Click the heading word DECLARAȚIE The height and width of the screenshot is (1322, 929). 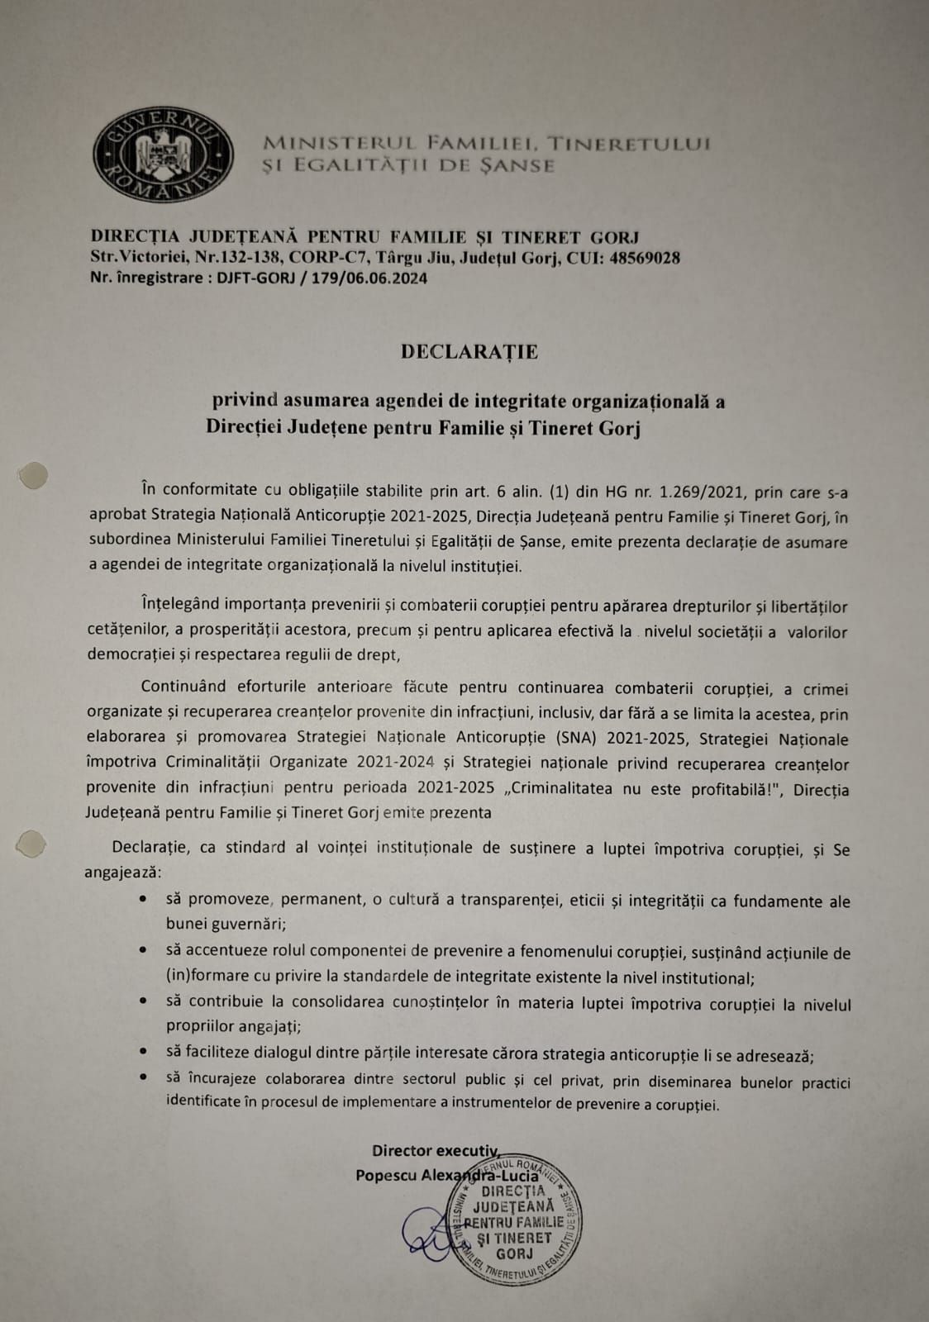click(469, 352)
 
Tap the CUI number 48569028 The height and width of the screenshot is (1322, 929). click(645, 258)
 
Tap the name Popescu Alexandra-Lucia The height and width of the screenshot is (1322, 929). click(446, 1175)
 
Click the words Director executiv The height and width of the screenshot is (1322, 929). click(435, 1150)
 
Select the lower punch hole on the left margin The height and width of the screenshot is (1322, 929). click(31, 844)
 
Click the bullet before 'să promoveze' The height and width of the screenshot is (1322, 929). click(145, 899)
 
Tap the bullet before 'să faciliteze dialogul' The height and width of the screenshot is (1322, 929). click(145, 1052)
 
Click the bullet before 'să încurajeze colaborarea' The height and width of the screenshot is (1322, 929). click(145, 1077)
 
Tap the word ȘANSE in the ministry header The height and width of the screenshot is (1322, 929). click(519, 165)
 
